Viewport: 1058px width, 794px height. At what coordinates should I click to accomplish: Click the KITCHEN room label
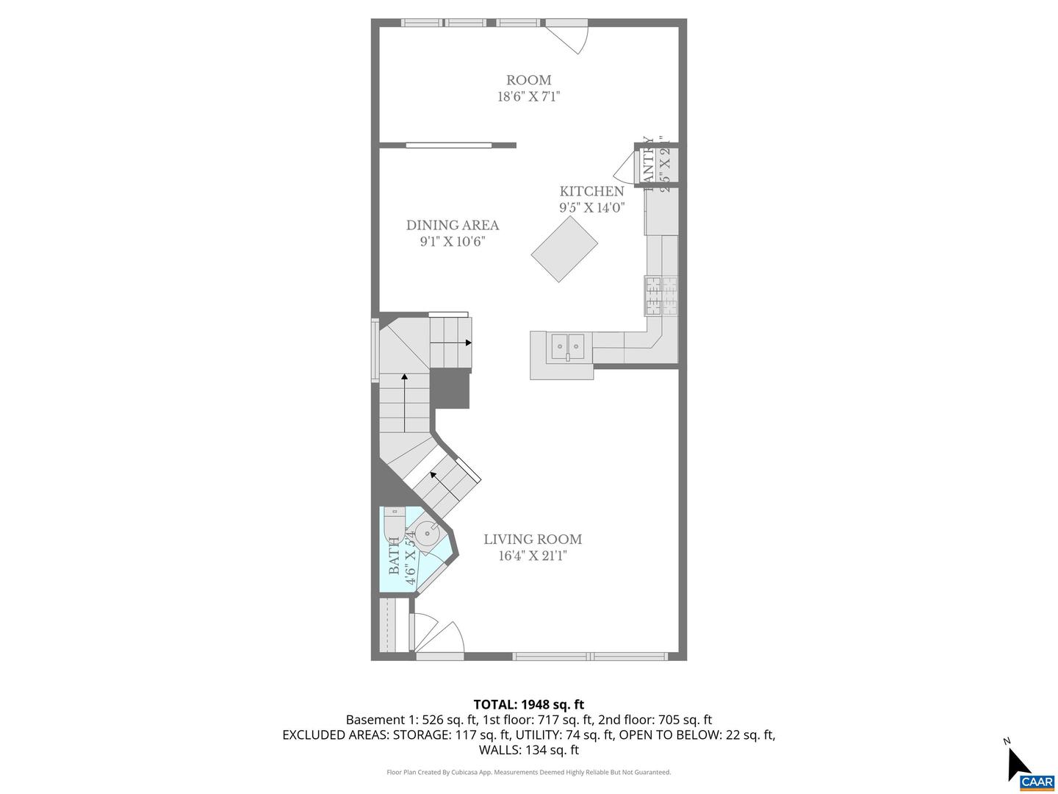click(x=591, y=191)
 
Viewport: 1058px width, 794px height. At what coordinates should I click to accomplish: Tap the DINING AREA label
click(x=453, y=226)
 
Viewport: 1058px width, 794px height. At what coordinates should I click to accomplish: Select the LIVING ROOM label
click(x=533, y=540)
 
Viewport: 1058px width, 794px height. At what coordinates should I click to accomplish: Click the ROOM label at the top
click(x=528, y=80)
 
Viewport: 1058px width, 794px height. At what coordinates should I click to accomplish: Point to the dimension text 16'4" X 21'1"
click(x=533, y=557)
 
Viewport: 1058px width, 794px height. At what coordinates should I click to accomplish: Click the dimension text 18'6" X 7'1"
click(x=528, y=97)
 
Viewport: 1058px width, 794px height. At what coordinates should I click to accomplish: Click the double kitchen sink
click(x=568, y=345)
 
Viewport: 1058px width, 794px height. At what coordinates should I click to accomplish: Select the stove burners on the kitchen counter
click(x=661, y=296)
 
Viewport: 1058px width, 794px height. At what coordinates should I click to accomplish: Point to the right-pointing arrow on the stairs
click(x=467, y=343)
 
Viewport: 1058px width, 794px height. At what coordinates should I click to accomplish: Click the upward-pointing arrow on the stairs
click(x=404, y=378)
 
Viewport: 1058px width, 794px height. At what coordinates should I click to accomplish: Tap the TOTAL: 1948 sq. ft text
click(x=528, y=705)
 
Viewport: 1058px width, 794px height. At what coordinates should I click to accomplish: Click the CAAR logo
click(x=1037, y=782)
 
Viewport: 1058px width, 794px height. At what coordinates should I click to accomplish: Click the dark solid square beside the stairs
click(x=450, y=388)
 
